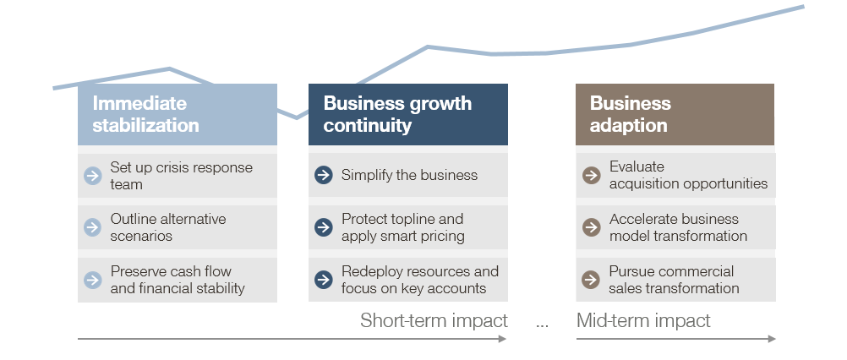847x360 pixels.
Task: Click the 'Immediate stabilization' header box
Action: (178, 114)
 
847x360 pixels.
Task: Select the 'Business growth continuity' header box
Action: (407, 114)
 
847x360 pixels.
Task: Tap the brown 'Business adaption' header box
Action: (675, 114)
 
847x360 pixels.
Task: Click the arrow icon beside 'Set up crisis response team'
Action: (93, 176)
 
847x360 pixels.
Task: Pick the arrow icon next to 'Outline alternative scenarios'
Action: (93, 227)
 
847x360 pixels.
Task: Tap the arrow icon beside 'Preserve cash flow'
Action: (93, 280)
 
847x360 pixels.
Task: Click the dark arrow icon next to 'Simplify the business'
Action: (324, 175)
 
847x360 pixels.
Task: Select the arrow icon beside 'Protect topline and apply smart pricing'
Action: (324, 227)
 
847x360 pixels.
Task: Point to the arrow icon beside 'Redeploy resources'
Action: (324, 280)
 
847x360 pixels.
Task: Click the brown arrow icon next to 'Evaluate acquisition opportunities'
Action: (592, 175)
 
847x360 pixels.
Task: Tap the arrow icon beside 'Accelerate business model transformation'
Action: (592, 227)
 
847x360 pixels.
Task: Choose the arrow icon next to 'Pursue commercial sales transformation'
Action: (591, 280)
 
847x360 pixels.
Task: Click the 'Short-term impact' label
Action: (434, 320)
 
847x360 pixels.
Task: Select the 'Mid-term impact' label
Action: (643, 320)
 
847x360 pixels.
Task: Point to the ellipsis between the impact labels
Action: (543, 325)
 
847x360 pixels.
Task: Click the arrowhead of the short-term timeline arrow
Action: (502, 339)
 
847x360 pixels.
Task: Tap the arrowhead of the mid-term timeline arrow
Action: (772, 339)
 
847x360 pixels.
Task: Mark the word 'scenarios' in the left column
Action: (141, 236)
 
